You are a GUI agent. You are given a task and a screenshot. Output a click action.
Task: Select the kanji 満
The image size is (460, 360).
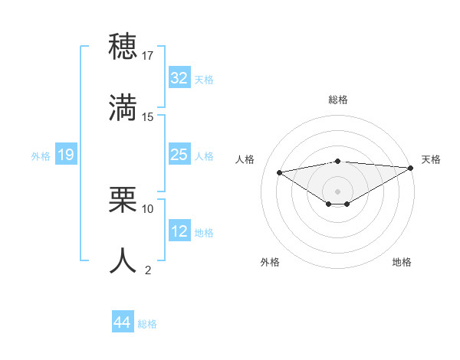point(123,106)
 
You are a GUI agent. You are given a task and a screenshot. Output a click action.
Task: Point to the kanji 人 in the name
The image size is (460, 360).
point(123,260)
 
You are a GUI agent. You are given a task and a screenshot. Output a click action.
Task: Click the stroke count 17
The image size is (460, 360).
point(148,55)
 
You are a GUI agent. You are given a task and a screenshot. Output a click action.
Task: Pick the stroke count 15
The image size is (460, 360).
point(148,116)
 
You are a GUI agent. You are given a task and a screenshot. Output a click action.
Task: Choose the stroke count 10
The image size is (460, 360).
point(148,208)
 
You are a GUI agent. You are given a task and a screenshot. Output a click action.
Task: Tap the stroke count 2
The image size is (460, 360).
point(148,270)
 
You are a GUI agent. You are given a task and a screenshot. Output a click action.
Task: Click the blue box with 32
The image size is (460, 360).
point(179,78)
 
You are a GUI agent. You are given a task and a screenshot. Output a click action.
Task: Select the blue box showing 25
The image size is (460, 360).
point(179,155)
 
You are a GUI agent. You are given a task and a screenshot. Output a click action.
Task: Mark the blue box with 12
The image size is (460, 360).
point(179,232)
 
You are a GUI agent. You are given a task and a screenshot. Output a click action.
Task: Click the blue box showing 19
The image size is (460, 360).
point(66,155)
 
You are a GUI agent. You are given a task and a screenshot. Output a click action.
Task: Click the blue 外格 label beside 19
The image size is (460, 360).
point(41,156)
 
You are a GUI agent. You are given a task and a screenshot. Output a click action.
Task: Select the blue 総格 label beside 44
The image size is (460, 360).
point(147,324)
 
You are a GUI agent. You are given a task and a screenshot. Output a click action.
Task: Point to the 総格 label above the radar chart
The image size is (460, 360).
point(337,100)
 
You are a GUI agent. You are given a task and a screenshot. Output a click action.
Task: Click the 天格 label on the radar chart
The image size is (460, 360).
point(432,159)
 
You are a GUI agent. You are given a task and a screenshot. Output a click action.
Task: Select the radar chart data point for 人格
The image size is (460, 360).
point(279,172)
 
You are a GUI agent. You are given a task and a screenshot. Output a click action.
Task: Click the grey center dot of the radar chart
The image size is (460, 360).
point(337,191)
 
